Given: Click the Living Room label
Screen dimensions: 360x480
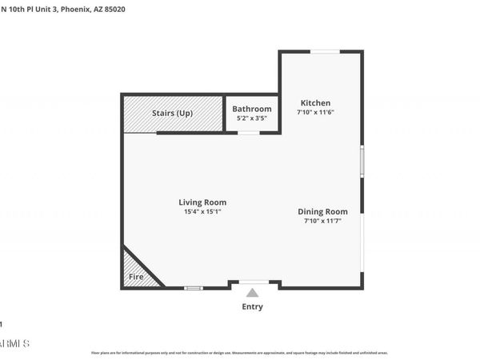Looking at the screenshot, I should coord(202,202).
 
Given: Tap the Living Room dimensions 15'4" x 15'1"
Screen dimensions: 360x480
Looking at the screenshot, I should coord(202,212).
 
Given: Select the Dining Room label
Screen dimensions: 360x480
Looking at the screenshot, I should coord(322,211).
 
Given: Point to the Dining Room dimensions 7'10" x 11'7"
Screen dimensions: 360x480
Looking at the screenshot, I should coord(322,221).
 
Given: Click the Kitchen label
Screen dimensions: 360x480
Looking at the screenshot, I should coord(315,102).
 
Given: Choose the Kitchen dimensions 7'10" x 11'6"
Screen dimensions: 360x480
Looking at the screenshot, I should coord(315,113).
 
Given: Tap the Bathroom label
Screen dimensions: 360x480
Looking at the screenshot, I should coord(252,109).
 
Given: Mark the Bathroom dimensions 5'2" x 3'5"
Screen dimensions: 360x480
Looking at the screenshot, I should coord(252,118).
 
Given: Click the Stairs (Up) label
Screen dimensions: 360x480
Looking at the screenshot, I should coord(172,114).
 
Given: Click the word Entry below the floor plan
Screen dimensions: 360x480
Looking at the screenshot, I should coord(252,306).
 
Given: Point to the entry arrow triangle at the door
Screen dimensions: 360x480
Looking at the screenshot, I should coord(253,292).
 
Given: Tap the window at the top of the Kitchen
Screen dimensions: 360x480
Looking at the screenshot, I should coord(323,52).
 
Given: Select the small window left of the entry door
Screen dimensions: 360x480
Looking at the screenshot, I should coord(193,287).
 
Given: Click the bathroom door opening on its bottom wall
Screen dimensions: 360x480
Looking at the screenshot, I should coord(249,133).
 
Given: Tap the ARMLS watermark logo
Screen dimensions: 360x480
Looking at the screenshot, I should coord(14,343).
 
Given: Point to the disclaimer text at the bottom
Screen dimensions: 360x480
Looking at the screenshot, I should coord(240,353).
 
